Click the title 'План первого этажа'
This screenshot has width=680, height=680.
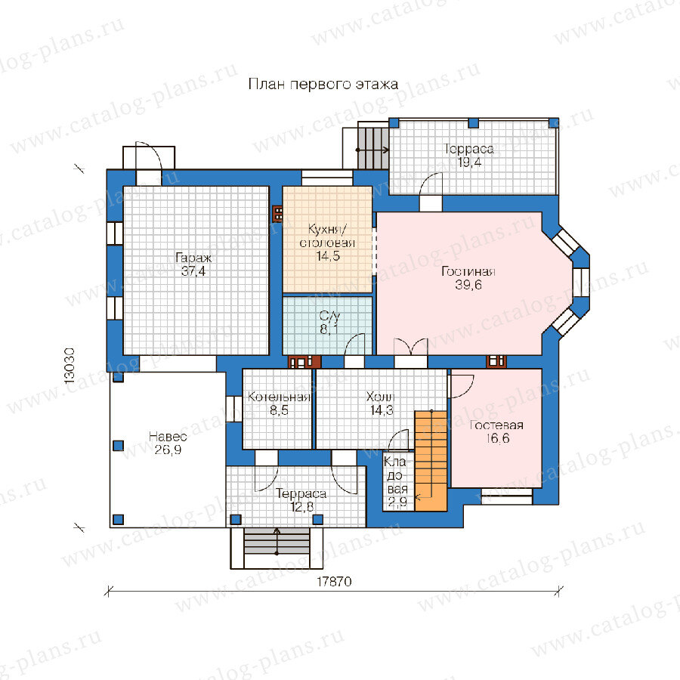[x=323, y=84]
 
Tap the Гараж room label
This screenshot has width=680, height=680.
[x=193, y=258]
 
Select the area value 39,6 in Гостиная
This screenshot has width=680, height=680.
[x=468, y=285]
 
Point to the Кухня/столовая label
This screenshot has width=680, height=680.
[x=327, y=236]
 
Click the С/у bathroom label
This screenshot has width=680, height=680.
[x=329, y=316]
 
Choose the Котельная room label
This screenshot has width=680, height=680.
[x=279, y=397]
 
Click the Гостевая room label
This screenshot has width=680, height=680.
[x=496, y=425]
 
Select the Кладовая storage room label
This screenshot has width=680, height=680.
[x=397, y=475]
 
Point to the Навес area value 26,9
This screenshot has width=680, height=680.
[x=168, y=450]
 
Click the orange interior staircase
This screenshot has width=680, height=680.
[x=431, y=461]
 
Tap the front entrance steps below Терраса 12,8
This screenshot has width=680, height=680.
[x=277, y=548]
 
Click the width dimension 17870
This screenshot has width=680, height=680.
[x=334, y=582]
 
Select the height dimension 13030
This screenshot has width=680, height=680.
[x=70, y=366]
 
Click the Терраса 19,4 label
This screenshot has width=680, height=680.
[x=468, y=156]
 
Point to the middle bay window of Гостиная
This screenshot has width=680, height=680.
[x=581, y=282]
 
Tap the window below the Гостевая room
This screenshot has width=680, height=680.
[x=507, y=496]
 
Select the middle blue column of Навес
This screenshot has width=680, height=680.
[x=119, y=446]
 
